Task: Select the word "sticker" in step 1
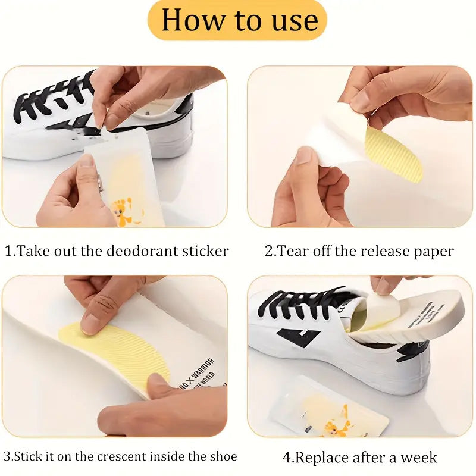pyautogui.click(x=205, y=251)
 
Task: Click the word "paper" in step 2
pyautogui.click(x=433, y=251)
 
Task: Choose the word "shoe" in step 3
pyautogui.click(x=223, y=457)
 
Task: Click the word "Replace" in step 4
pyautogui.click(x=322, y=458)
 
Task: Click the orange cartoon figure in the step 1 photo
pyautogui.click(x=122, y=211)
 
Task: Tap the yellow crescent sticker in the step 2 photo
pyautogui.click(x=394, y=155)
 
